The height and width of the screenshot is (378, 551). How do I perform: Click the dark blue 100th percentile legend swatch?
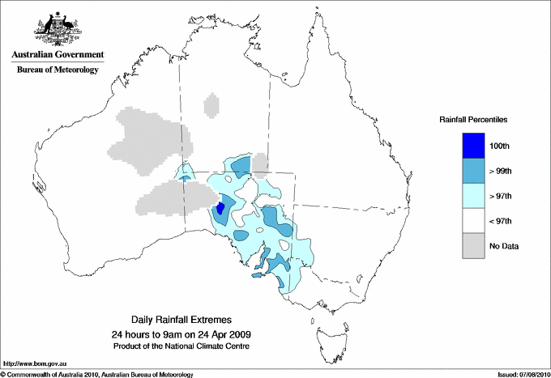473,146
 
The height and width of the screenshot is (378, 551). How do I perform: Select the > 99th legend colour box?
473,171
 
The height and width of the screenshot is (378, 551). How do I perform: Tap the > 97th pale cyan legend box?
473,196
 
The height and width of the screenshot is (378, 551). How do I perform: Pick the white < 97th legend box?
473,221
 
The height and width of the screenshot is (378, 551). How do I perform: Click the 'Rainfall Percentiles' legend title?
473,120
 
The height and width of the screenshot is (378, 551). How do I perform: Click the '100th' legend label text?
501,146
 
